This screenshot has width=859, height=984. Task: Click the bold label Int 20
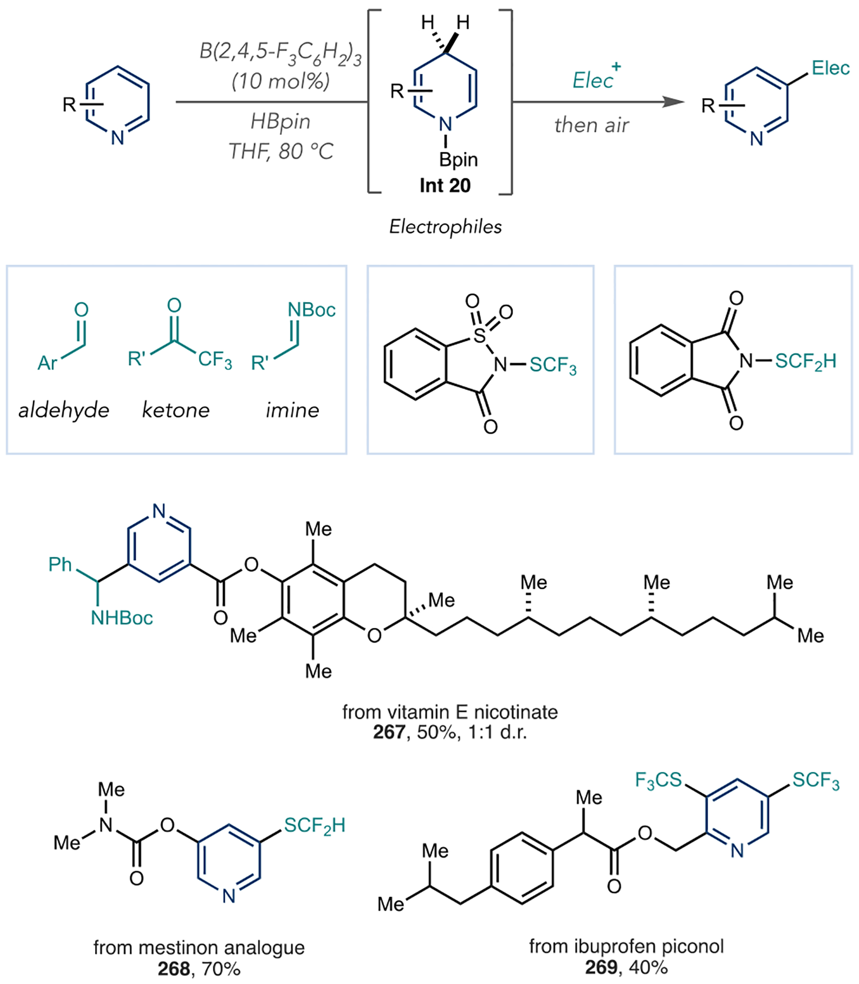[445, 186]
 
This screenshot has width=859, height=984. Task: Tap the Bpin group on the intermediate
[458, 160]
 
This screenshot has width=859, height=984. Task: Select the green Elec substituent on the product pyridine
[830, 68]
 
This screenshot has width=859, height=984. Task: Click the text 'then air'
[592, 126]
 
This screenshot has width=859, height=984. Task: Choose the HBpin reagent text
[280, 122]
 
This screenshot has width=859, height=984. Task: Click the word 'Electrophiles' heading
[445, 227]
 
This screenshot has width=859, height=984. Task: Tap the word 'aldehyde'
[64, 410]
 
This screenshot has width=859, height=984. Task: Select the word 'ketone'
[176, 410]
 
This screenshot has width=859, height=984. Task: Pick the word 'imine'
[292, 410]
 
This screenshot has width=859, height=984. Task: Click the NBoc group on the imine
[311, 310]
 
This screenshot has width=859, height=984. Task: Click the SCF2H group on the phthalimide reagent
[805, 361]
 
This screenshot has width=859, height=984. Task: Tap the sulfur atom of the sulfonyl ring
[479, 335]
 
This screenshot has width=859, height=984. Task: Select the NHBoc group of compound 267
[122, 618]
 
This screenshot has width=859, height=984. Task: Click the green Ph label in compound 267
[60, 564]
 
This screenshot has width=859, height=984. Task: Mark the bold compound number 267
[389, 732]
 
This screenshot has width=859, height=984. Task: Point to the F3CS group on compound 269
[658, 780]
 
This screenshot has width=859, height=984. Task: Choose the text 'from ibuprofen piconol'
[626, 946]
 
